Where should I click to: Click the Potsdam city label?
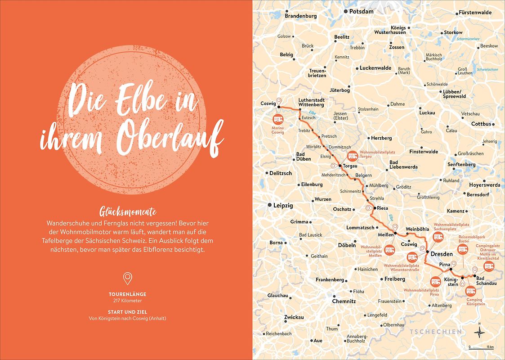click(x=362, y=11)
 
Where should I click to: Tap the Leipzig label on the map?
click(x=283, y=206)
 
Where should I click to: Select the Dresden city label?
click(x=441, y=254)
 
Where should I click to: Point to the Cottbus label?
click(x=481, y=124)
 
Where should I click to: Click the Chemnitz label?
click(x=344, y=301)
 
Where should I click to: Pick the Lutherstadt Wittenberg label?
click(x=311, y=102)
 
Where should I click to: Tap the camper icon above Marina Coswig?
click(x=278, y=119)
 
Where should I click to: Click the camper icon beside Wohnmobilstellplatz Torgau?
click(x=353, y=157)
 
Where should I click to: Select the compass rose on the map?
click(x=480, y=333)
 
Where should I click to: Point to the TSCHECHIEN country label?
click(x=435, y=332)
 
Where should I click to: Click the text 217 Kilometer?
click(x=127, y=301)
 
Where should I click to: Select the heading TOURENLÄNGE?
click(x=127, y=294)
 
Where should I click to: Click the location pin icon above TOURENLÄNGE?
click(x=127, y=278)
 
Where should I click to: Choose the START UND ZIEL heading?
click(x=127, y=312)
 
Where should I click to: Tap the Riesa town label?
click(x=382, y=208)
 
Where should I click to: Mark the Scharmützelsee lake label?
click(x=469, y=39)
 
